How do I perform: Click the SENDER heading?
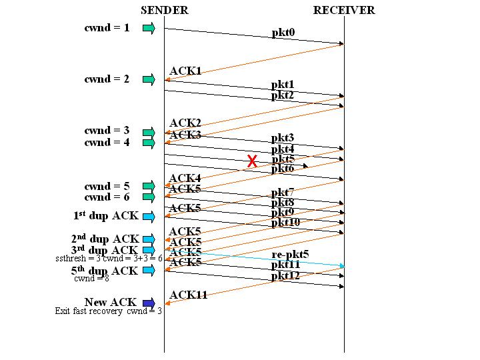165,10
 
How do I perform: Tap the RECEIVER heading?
344,10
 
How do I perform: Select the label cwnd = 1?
107,28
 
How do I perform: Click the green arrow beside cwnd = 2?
149,79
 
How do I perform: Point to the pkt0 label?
283,33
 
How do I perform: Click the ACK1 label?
185,71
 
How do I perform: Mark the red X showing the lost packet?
252,161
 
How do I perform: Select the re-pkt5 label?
290,255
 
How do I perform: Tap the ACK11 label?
188,295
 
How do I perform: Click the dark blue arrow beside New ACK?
149,303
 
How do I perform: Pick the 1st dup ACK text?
105,216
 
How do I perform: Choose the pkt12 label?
285,275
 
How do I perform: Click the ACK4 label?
185,178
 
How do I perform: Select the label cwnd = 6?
107,197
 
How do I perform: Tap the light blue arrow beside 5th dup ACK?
149,271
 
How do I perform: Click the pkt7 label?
283,193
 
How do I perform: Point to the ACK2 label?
185,123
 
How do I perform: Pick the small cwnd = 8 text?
91,279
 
